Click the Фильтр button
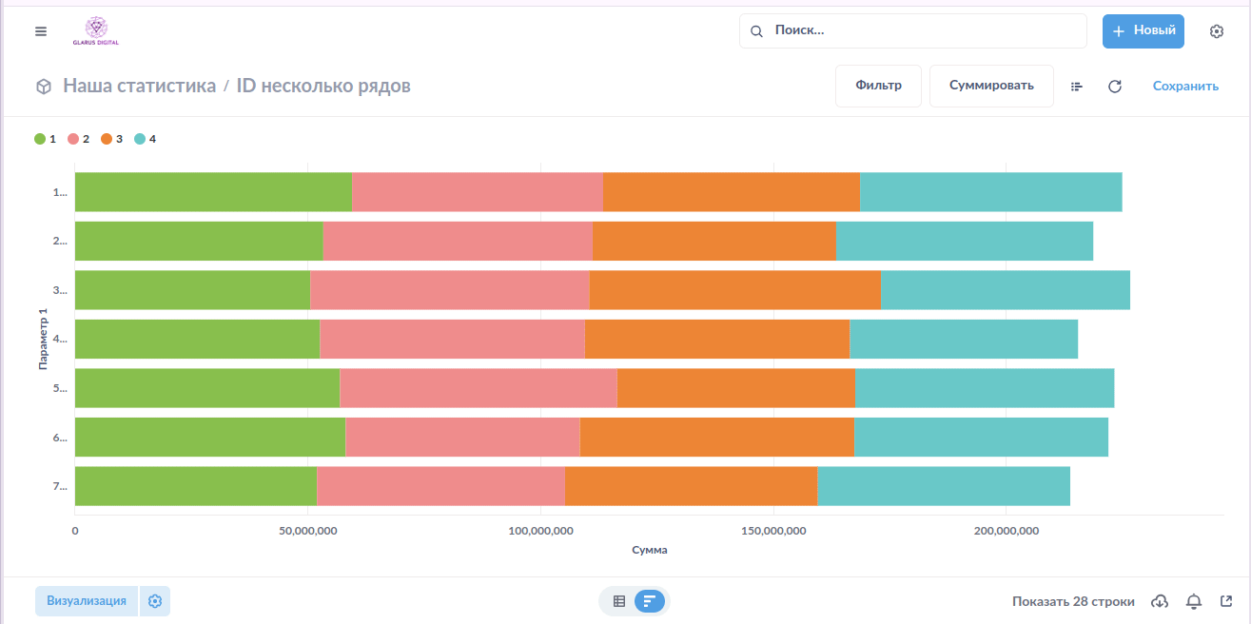coord(878,86)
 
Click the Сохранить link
coord(1185,86)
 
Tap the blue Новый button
coord(1143,30)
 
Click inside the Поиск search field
coord(913,30)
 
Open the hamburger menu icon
coord(41,31)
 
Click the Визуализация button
coord(87,601)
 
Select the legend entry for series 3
coord(112,139)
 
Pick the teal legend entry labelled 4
coord(146,139)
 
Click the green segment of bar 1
coord(213,192)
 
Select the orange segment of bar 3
coord(734,290)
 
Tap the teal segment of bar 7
coord(943,486)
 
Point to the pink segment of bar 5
coord(478,388)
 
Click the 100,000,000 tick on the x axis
coord(539,531)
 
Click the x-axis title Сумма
coord(650,550)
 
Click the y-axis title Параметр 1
coord(43,339)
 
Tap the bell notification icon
coord(1194,601)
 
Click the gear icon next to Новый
coord(1216,31)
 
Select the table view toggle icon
coord(619,601)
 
